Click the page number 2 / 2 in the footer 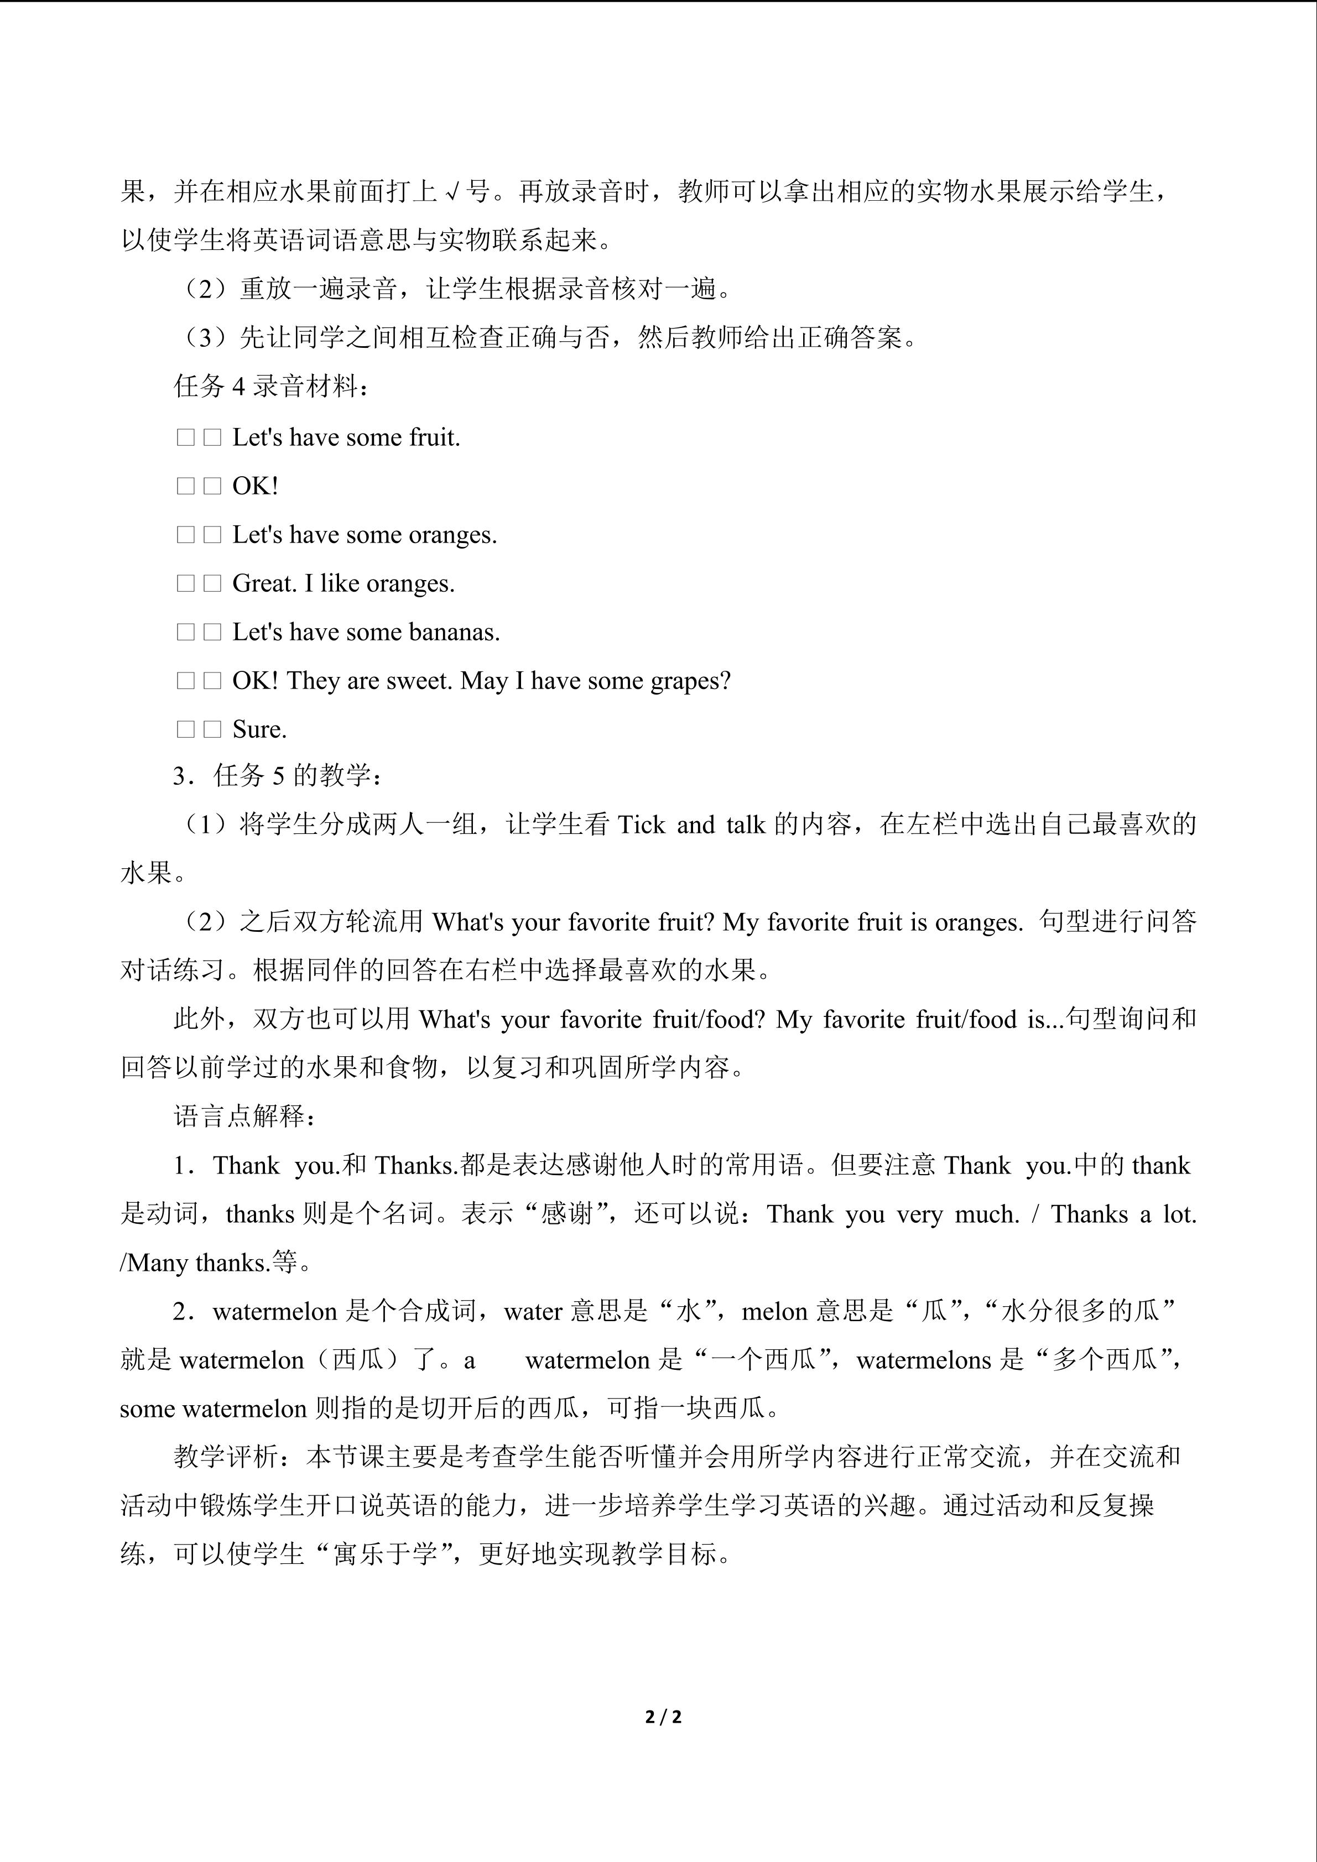click(x=663, y=1717)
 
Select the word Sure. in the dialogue click(x=259, y=729)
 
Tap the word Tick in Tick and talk click(x=641, y=825)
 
